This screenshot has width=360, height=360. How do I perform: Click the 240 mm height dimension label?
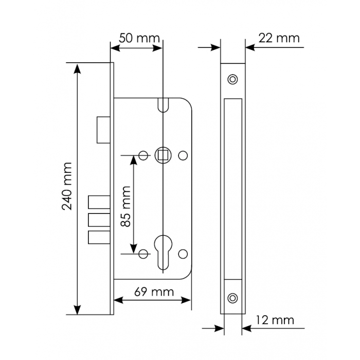[67, 186]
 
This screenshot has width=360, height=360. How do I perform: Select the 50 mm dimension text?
[139, 39]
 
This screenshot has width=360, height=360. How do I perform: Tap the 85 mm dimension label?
[126, 207]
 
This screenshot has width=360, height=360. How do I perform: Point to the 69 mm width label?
[154, 292]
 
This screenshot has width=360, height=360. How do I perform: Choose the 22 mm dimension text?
[279, 38]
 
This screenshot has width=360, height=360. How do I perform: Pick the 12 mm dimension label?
[275, 320]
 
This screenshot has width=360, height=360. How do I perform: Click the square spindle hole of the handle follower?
[163, 155]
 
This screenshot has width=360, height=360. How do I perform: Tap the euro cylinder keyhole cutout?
[163, 252]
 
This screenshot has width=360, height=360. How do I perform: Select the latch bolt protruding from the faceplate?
[103, 130]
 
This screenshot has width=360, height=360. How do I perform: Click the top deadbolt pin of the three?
[99, 202]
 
